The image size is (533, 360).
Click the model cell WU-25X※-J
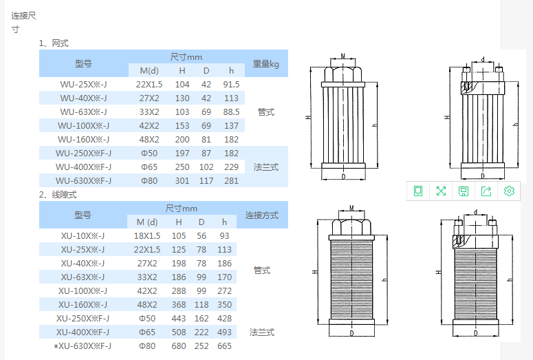(83, 84)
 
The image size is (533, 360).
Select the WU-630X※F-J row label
(83, 180)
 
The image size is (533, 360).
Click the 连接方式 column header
(262, 215)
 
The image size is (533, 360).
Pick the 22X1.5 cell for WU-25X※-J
(149, 84)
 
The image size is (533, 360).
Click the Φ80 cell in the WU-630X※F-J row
(149, 180)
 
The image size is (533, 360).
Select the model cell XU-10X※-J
(83, 235)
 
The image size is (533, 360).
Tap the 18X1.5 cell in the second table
(147, 235)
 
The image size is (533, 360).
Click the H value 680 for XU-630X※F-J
(178, 346)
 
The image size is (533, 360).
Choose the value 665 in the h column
(224, 346)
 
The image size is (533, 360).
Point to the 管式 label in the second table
(262, 271)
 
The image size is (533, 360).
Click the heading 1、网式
(54, 43)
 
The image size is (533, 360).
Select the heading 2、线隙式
(57, 194)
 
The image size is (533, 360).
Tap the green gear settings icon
(509, 191)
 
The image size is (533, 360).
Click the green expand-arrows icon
(441, 191)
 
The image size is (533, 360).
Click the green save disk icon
(464, 191)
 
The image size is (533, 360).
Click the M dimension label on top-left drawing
(342, 55)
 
